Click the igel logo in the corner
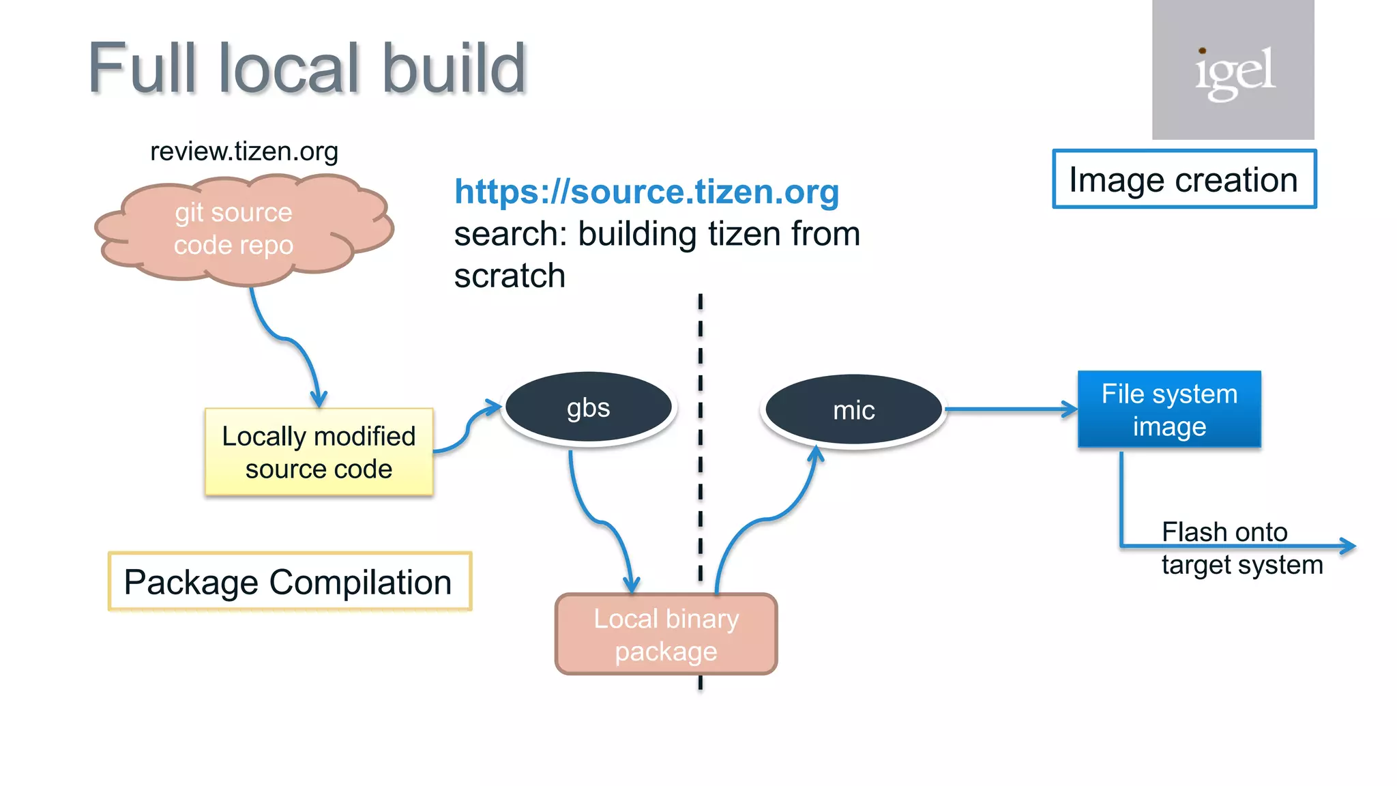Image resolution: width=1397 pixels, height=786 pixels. (1233, 70)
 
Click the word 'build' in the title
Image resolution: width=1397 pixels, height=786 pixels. (454, 68)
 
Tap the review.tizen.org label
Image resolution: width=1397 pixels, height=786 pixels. (244, 151)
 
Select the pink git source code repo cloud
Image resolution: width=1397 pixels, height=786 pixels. (234, 229)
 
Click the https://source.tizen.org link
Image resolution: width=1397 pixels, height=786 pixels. (646, 192)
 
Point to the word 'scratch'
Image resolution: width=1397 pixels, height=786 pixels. (510, 276)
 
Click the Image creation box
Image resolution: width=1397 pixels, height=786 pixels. (1183, 179)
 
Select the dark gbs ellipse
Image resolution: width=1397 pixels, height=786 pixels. (588, 407)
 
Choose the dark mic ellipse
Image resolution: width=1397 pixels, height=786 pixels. (853, 410)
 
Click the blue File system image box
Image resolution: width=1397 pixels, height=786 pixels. (1169, 409)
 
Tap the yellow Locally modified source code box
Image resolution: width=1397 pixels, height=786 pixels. (319, 452)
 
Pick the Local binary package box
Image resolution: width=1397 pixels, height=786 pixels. (666, 634)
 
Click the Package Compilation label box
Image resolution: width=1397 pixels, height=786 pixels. (289, 582)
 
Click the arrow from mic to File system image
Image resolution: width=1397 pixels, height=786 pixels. (1010, 409)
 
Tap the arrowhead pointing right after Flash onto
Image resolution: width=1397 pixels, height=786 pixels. (1347, 545)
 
